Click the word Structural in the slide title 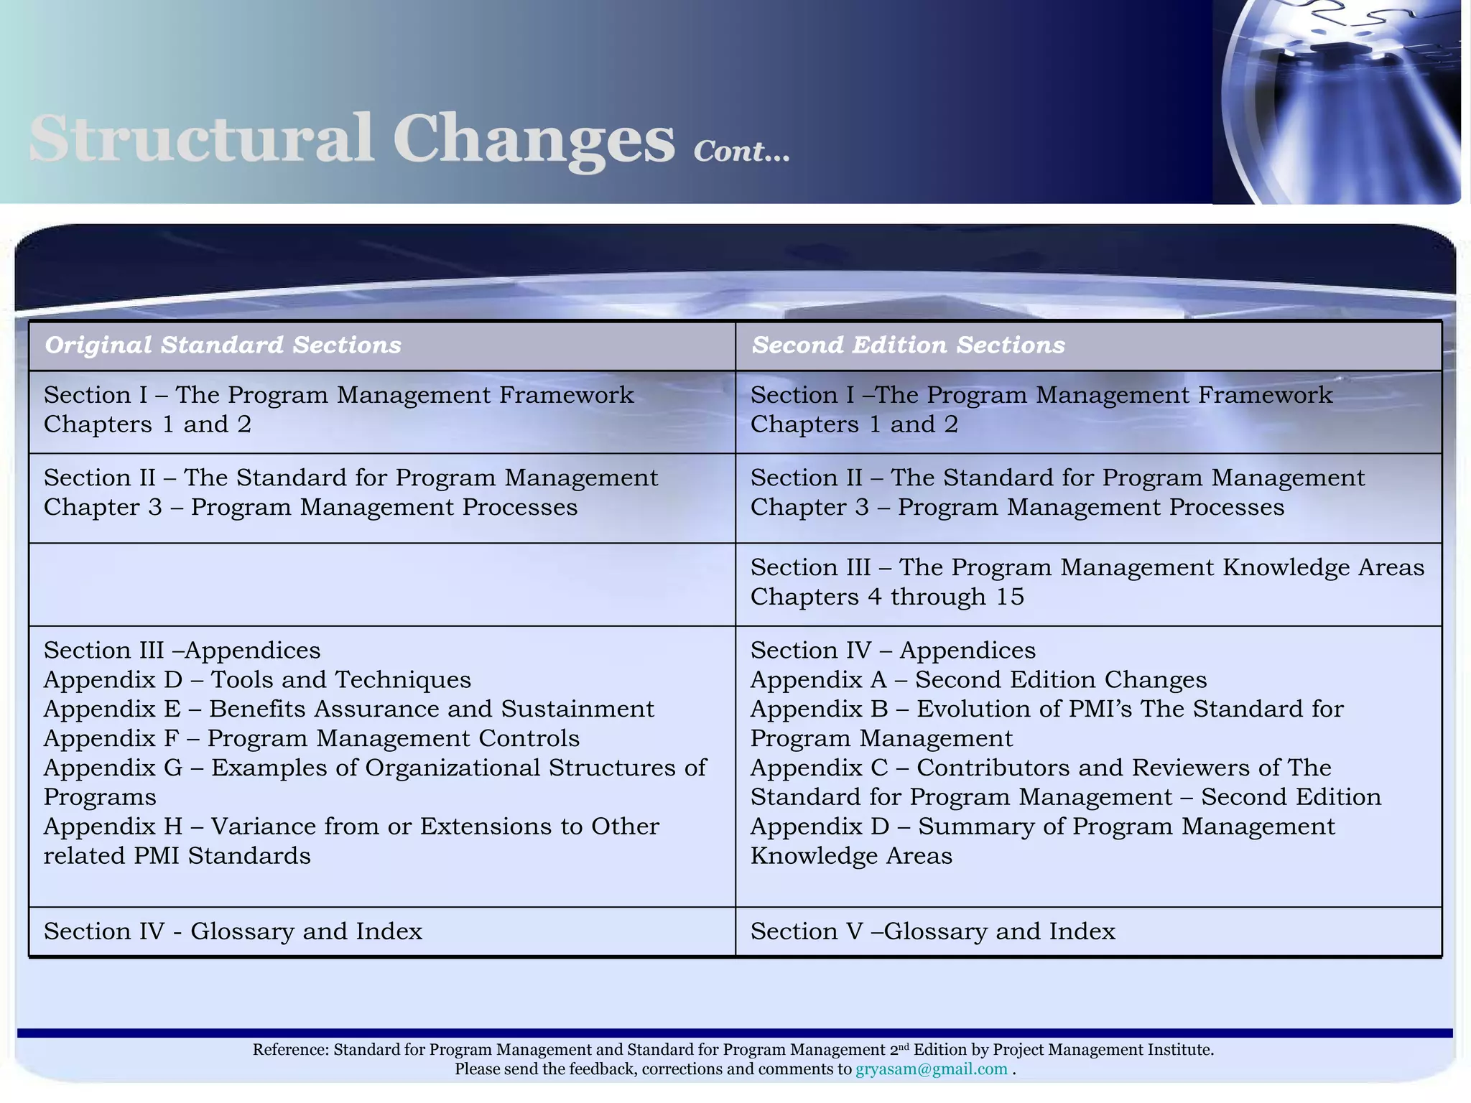click(x=201, y=138)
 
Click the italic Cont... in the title click(x=741, y=152)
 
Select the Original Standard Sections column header click(x=223, y=345)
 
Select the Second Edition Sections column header click(x=908, y=345)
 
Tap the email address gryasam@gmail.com click(x=931, y=1069)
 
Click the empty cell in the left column click(x=381, y=584)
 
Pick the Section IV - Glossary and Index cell click(x=233, y=931)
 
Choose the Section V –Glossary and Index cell click(x=932, y=931)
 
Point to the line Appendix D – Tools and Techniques click(x=257, y=679)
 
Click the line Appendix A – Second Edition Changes click(x=978, y=679)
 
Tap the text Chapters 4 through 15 click(x=886, y=597)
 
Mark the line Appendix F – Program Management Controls click(x=311, y=738)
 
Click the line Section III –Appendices click(x=182, y=650)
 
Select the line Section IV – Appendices click(x=893, y=650)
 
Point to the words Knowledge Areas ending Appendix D click(x=851, y=856)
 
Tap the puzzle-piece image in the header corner click(x=1336, y=101)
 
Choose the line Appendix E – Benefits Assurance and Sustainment click(x=348, y=709)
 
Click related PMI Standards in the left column click(x=177, y=856)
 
